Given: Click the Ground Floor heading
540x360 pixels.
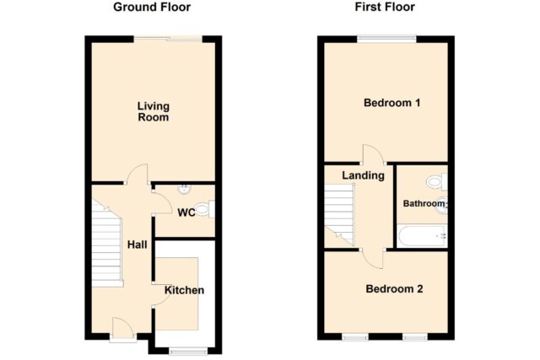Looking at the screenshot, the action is click(x=152, y=7).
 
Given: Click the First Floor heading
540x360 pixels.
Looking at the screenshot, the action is click(x=385, y=7).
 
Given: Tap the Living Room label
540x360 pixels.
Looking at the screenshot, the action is click(x=154, y=111).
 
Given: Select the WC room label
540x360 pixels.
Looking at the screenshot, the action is click(x=186, y=212).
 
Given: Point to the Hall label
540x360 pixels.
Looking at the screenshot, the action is click(x=137, y=244).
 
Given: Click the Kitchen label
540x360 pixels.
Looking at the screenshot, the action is click(x=184, y=290).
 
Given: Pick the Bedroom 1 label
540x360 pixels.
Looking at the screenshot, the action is click(x=391, y=103).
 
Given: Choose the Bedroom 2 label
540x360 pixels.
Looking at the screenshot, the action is click(x=394, y=288).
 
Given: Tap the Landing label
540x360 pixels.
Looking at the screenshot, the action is click(x=363, y=175).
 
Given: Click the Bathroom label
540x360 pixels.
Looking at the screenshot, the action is click(x=424, y=203).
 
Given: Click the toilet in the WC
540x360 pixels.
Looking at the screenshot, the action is click(x=204, y=209).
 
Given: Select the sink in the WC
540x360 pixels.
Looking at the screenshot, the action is click(x=184, y=189).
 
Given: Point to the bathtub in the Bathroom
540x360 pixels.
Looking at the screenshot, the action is click(x=423, y=236).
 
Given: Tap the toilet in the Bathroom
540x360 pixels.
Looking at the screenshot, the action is click(x=437, y=182).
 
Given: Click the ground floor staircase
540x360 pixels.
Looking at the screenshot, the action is click(x=106, y=244).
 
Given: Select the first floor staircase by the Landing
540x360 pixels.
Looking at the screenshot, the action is click(x=339, y=215).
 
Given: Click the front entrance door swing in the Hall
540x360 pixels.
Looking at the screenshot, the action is click(x=122, y=328).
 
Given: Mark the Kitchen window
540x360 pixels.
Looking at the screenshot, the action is click(x=188, y=351).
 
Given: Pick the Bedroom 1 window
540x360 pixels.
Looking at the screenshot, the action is click(x=386, y=38).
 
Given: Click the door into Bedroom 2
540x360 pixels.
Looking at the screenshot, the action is click(x=373, y=259).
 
